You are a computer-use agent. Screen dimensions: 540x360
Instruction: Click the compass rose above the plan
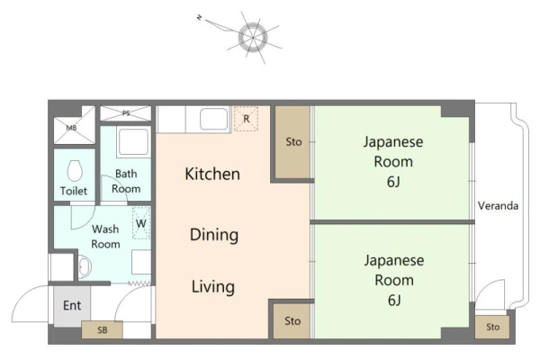click(x=253, y=37)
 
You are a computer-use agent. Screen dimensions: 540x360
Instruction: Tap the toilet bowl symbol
click(x=75, y=170)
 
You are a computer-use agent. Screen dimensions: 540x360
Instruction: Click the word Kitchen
click(x=212, y=174)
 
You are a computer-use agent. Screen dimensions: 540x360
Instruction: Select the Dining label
click(x=214, y=235)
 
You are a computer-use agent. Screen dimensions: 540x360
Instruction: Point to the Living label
click(x=213, y=287)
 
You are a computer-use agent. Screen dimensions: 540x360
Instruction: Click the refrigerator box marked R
click(x=246, y=119)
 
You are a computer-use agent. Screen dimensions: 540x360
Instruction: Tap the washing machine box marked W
click(x=141, y=223)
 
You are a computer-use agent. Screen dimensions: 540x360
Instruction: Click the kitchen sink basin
click(x=214, y=119)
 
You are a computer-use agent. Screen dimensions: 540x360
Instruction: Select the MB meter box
click(x=75, y=125)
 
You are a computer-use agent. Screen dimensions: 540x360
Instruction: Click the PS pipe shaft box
click(x=126, y=113)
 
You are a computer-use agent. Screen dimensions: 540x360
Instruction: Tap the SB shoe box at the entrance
click(x=103, y=330)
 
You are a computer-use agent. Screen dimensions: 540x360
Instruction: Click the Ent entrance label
click(x=72, y=306)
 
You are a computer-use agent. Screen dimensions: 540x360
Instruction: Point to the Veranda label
click(x=498, y=206)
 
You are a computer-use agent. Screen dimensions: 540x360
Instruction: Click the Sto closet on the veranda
click(x=492, y=327)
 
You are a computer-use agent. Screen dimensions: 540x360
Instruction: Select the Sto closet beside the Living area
click(x=292, y=321)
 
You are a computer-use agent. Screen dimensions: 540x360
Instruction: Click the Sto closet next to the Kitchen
click(x=293, y=142)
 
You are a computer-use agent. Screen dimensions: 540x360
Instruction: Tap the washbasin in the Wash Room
click(x=85, y=266)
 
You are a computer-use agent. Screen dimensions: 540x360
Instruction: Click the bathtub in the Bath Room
click(x=134, y=142)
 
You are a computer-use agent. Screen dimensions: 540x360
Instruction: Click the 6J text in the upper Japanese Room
click(x=393, y=182)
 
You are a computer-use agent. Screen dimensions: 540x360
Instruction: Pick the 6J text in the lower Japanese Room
click(x=394, y=300)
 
